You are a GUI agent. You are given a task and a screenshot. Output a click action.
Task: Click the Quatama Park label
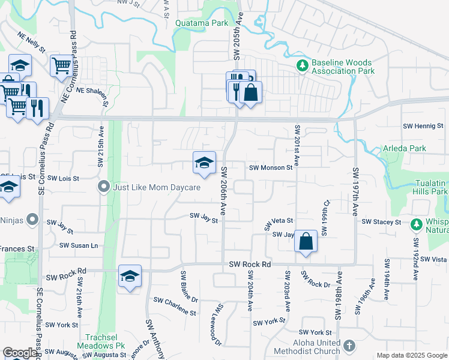point(201,23)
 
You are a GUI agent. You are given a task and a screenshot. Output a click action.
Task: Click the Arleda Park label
point(407,148)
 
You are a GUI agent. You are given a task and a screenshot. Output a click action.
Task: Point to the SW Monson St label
point(270,168)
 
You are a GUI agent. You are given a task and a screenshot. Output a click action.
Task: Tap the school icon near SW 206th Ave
point(204,163)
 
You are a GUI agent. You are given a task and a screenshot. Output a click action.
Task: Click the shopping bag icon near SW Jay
point(306,242)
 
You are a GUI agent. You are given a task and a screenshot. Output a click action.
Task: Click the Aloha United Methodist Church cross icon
point(350,346)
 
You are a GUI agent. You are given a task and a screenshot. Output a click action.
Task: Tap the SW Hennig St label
point(423,127)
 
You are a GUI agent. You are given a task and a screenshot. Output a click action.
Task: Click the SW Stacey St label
point(381,222)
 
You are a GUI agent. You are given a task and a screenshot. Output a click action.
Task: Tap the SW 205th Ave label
point(237,38)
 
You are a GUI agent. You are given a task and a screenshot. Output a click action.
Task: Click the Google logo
point(20,353)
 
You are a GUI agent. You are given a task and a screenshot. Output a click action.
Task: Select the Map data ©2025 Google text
point(412,355)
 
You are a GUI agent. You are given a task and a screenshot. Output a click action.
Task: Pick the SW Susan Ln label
point(79,245)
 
